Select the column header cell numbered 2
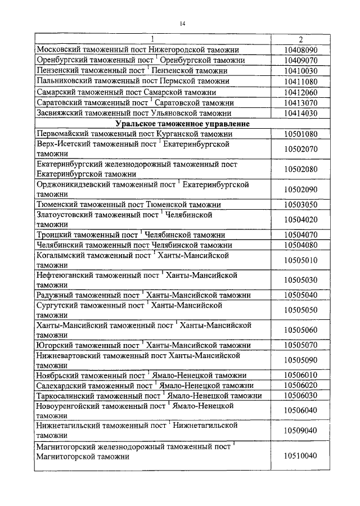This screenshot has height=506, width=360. click(x=301, y=39)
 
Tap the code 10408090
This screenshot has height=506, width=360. click(x=301, y=50)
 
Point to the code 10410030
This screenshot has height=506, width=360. click(x=301, y=71)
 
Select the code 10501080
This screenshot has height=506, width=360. click(x=301, y=134)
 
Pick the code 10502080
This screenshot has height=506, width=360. click(x=301, y=169)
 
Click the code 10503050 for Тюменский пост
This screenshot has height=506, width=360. click(x=301, y=204)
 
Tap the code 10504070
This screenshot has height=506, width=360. click(x=301, y=234)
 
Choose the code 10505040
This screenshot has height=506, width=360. click(x=301, y=295)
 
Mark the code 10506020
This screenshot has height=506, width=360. click(x=301, y=385)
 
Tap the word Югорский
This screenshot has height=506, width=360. click(x=54, y=345)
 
